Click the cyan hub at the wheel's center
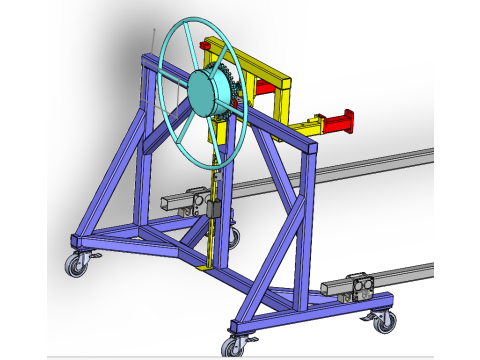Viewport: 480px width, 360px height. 211,93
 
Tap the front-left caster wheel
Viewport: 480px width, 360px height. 76,265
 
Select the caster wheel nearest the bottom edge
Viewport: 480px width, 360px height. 234,346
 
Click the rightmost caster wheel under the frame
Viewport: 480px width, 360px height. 381,322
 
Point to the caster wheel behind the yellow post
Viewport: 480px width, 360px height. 233,237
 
